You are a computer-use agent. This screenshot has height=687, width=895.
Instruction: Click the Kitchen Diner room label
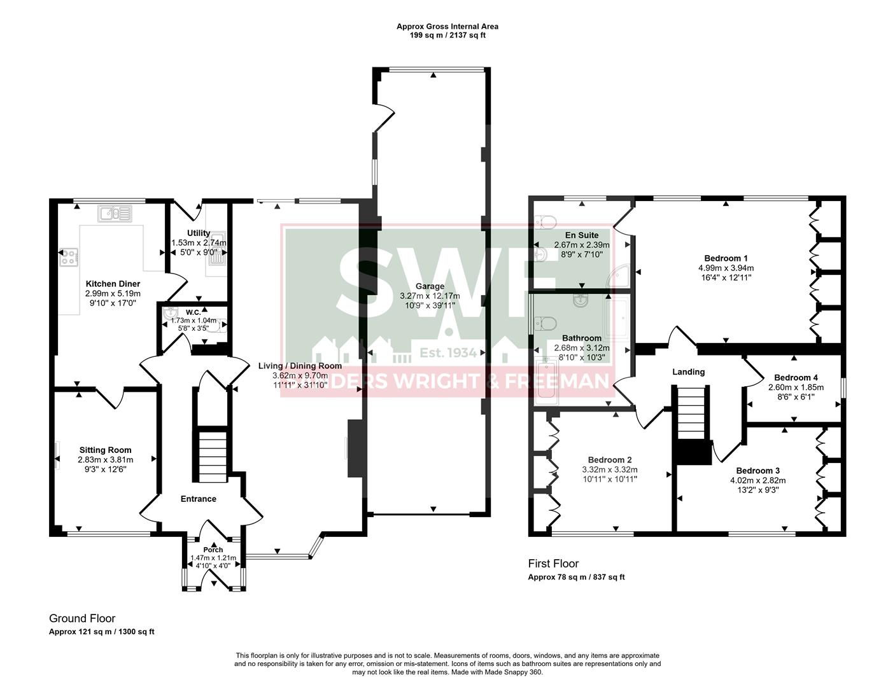click(113, 284)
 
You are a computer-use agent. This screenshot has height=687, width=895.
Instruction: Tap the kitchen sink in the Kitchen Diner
click(115, 213)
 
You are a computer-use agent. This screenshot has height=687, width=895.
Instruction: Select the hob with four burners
click(69, 257)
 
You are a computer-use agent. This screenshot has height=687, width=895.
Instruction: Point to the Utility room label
click(199, 233)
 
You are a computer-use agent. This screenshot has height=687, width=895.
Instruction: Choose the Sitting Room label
click(105, 450)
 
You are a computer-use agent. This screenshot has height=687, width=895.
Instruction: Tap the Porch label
click(213, 550)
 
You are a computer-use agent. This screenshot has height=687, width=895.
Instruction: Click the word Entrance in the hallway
click(199, 499)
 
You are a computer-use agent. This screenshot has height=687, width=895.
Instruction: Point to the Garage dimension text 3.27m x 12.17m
click(430, 296)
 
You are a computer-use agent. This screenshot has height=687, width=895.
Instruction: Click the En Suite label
click(582, 235)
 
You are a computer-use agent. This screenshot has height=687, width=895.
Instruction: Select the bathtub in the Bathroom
click(546, 382)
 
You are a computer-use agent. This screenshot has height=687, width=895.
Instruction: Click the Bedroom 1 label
click(726, 258)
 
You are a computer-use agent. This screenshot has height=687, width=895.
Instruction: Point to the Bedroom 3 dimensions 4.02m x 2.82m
click(758, 481)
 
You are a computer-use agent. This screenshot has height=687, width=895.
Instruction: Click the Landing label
click(689, 371)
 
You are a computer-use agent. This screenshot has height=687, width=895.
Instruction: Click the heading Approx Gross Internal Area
click(447, 27)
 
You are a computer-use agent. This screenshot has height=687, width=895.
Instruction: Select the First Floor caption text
click(553, 564)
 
